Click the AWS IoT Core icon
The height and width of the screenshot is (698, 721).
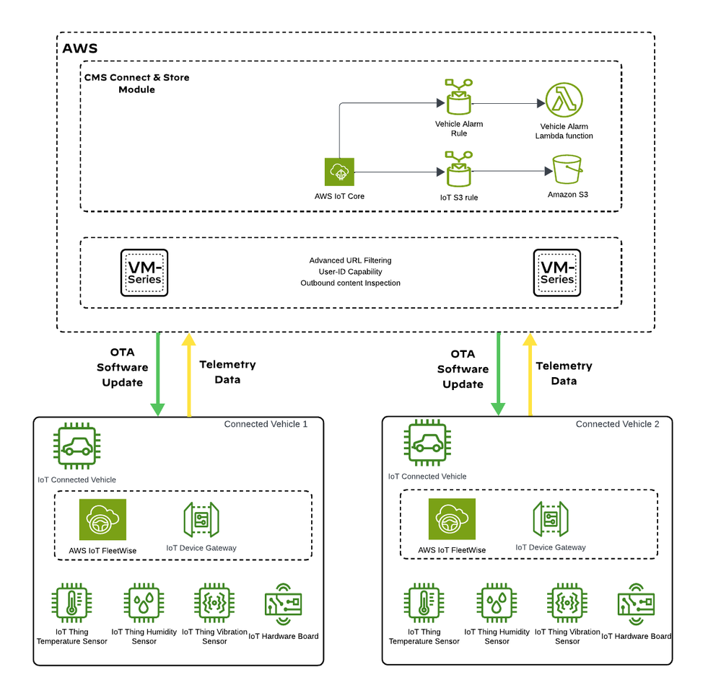339,172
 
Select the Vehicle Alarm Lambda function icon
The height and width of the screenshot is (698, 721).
564,102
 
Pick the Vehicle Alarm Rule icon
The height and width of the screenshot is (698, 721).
459,97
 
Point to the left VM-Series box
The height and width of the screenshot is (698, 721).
144,273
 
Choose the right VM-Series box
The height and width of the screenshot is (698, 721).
557,273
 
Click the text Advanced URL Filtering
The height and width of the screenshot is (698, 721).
350,260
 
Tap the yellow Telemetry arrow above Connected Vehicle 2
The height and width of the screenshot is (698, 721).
530,374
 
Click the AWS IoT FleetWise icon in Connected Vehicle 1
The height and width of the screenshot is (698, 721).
102,520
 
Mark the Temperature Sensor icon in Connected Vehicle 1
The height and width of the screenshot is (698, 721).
71,604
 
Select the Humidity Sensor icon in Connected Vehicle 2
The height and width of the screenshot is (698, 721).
497,604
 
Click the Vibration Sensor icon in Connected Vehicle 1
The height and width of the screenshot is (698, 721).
214,604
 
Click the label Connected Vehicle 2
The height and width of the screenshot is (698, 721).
617,424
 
